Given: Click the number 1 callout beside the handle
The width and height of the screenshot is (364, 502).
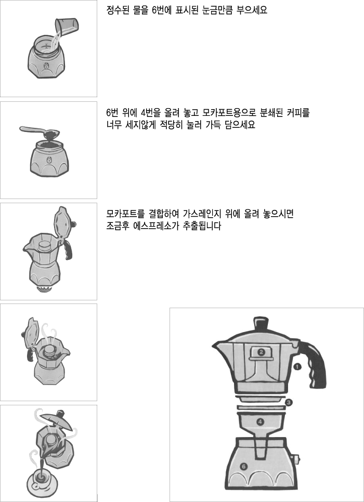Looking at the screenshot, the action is [297, 366].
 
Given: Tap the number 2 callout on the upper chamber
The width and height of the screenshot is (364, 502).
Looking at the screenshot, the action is [261, 352].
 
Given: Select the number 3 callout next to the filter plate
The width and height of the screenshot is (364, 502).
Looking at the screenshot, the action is [289, 402].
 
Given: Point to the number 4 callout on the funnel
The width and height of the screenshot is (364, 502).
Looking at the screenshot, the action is [260, 422].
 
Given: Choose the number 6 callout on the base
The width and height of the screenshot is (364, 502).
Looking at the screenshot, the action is [243, 467].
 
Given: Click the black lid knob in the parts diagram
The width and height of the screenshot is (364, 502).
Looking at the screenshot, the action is [261, 325].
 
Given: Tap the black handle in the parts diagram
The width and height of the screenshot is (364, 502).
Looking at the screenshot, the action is [312, 363].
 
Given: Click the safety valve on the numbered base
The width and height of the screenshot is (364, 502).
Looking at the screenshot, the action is [295, 459].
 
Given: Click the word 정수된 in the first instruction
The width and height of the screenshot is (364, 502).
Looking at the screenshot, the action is [118, 10].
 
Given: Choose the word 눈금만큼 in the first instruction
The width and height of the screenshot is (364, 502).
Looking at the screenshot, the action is [218, 10].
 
